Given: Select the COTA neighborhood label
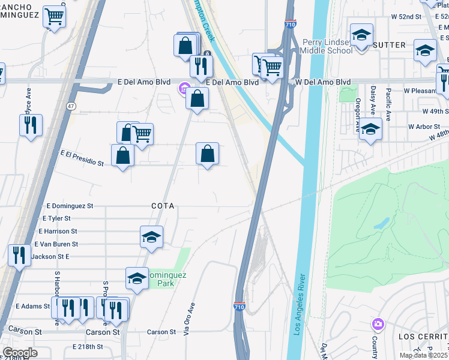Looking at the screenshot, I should click(x=163, y=206).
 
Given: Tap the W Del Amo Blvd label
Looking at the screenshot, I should click(x=323, y=82).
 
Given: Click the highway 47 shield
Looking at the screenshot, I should click(x=71, y=106).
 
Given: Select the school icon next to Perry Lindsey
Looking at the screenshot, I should click(x=361, y=34).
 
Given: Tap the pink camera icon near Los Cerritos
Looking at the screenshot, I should click(x=378, y=324).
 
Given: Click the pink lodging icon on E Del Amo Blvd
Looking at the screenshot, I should click(x=184, y=89).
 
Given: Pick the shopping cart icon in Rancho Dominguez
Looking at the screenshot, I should click(x=55, y=16).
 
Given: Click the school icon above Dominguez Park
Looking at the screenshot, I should click(x=151, y=237).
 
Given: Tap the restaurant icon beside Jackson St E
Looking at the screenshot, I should click(x=19, y=255).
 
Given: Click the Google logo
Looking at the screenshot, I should click(x=20, y=353).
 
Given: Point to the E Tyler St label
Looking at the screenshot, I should click(x=56, y=218).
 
